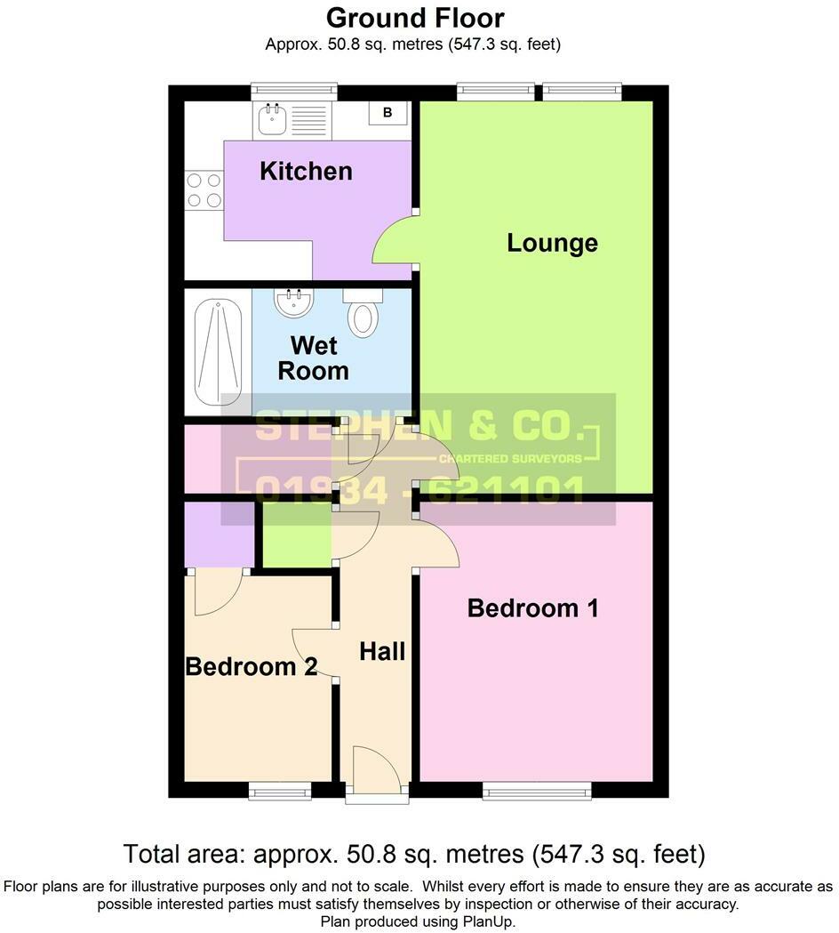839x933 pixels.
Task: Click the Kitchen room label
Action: pos(306,171)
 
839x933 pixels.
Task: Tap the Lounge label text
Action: pos(552,243)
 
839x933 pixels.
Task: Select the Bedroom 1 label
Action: pos(532,608)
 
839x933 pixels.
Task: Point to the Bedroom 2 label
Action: pos(251,666)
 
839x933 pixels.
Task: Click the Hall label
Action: pos(382,651)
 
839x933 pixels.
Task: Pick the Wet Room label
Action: pos(313,358)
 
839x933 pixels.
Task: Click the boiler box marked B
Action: pos(388,113)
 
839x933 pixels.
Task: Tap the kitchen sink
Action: pos(270,119)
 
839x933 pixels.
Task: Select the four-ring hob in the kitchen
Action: pos(203,189)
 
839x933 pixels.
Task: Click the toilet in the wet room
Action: pos(363,313)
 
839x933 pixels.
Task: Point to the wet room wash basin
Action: pos(292,304)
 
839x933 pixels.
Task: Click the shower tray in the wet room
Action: pos(218,351)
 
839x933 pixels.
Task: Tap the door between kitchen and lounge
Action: pos(394,242)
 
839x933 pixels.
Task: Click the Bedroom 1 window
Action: pos(537,790)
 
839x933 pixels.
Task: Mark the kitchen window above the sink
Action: pos(293,90)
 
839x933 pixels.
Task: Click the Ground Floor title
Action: pos(415,18)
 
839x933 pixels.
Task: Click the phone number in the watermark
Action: pos(419,489)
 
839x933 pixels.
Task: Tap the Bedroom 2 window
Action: pos(279,790)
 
